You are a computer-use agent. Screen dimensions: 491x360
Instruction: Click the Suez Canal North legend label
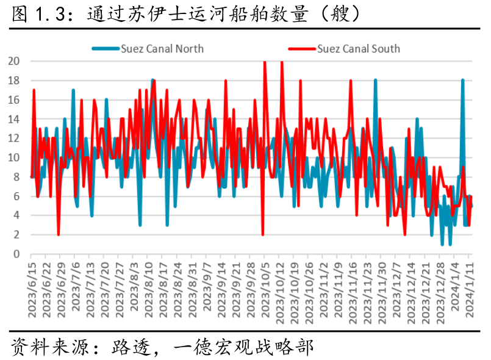coord(162,49)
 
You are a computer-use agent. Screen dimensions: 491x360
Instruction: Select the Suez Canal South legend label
coord(359,49)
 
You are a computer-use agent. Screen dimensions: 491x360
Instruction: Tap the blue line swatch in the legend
coord(106,49)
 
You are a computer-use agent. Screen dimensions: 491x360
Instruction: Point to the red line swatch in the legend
coord(302,49)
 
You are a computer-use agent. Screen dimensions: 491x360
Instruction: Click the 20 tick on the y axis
coord(14,61)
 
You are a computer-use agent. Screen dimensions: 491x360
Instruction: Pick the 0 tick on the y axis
coord(16,254)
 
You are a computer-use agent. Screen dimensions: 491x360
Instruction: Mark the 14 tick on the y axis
coord(14,119)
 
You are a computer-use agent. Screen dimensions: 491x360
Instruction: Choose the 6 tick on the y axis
coord(16,196)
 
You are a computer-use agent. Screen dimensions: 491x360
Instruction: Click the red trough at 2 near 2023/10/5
coord(263,235)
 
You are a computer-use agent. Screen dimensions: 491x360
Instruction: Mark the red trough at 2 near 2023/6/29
coord(59,235)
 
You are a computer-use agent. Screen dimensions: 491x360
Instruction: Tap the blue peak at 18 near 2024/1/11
coord(462,80)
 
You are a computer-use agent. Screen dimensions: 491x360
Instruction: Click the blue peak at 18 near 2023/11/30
coord(376,80)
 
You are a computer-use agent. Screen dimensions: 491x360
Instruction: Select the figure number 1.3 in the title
coord(50,14)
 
